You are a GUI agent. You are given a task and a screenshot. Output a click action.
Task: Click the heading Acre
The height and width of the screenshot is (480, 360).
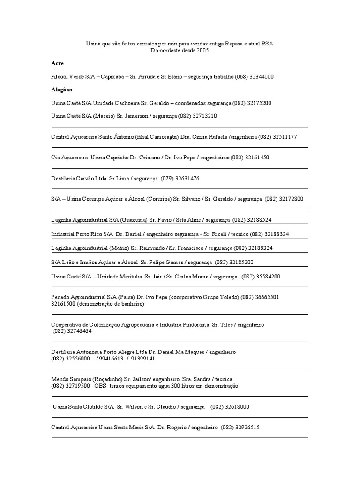click(x=57, y=63)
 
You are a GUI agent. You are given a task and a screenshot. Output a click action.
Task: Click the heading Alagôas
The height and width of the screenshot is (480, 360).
click(x=61, y=89)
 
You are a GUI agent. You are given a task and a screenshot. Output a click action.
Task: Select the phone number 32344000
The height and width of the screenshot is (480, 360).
click(x=261, y=76)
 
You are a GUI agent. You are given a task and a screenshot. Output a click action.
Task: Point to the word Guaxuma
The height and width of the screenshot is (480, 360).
click(x=133, y=219)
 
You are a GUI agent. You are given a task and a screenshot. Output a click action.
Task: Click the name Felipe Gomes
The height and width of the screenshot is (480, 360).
click(x=167, y=262)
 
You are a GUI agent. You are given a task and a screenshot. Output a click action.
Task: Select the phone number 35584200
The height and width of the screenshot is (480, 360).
click(x=267, y=277)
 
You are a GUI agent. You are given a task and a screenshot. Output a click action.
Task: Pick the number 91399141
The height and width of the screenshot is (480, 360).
click(x=142, y=359)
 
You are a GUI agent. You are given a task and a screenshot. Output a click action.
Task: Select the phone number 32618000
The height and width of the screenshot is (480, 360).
click(x=236, y=407)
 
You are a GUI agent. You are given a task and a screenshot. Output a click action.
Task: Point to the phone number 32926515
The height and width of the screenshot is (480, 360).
click(x=247, y=427)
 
